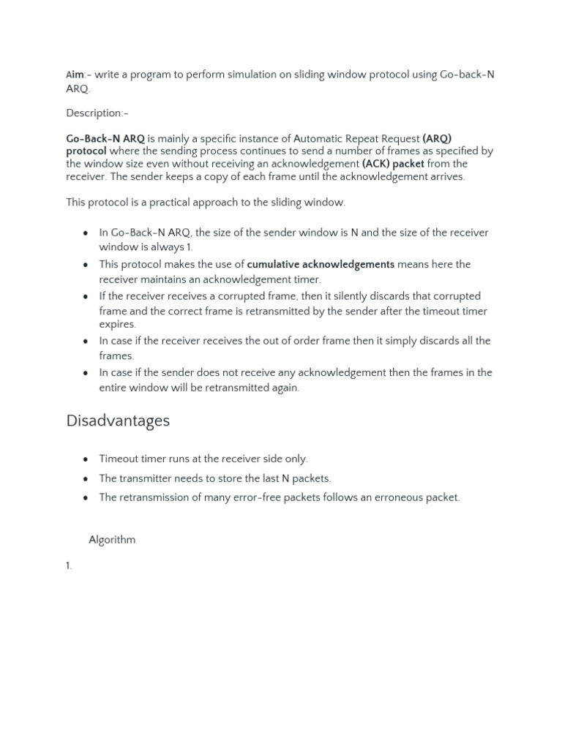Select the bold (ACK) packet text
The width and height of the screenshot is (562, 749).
393,164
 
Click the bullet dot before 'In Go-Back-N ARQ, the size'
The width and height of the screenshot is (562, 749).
86,233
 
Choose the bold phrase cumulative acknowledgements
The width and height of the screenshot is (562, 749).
321,265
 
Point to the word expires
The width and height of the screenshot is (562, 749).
117,324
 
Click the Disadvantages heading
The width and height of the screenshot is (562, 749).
118,421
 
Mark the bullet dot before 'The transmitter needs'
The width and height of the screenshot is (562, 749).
86,479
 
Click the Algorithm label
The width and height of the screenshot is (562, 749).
112,540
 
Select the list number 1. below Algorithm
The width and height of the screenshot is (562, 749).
70,566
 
